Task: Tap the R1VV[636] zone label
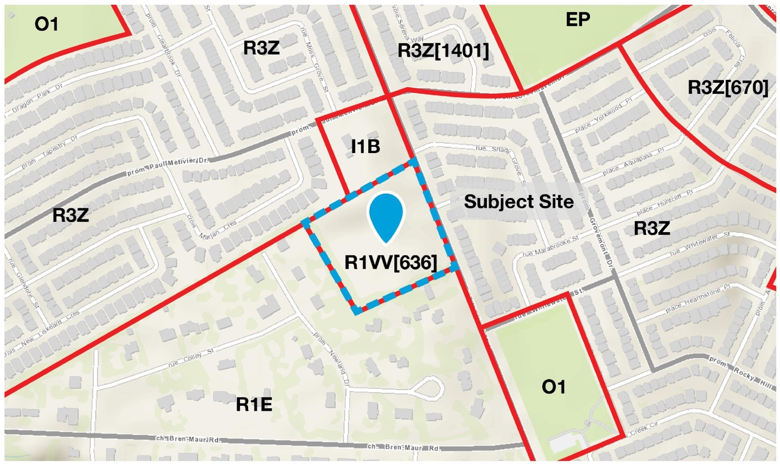point(391,263)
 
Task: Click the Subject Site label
point(519,202)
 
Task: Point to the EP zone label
point(578,20)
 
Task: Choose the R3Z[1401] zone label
point(443,51)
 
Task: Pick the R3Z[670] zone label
point(728,88)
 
